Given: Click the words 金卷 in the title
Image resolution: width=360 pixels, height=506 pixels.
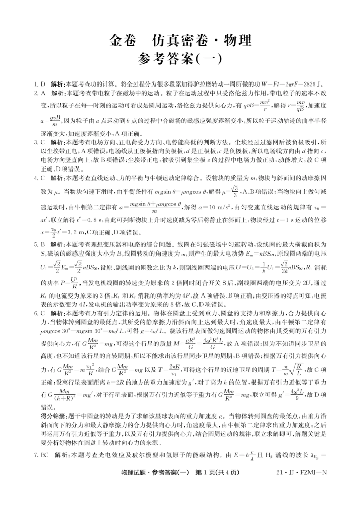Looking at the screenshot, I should (123, 41).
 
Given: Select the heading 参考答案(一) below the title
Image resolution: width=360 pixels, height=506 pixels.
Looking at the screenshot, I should (180, 60).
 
